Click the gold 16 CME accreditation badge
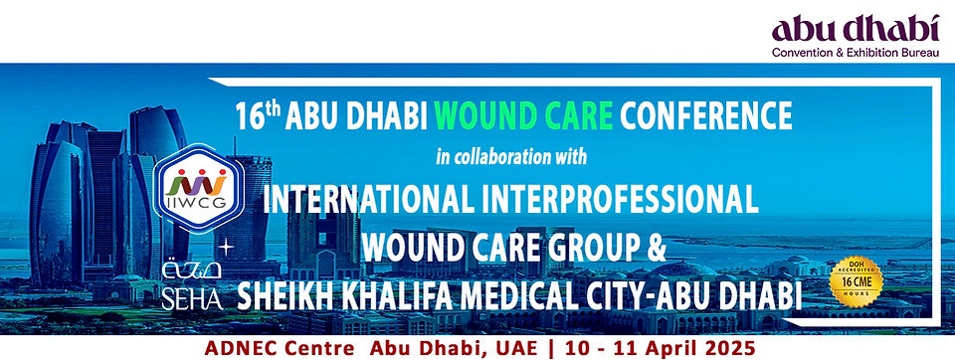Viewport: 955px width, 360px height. tap(858, 285)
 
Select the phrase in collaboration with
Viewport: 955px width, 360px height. tap(512, 156)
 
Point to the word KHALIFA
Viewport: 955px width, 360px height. tap(389, 295)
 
